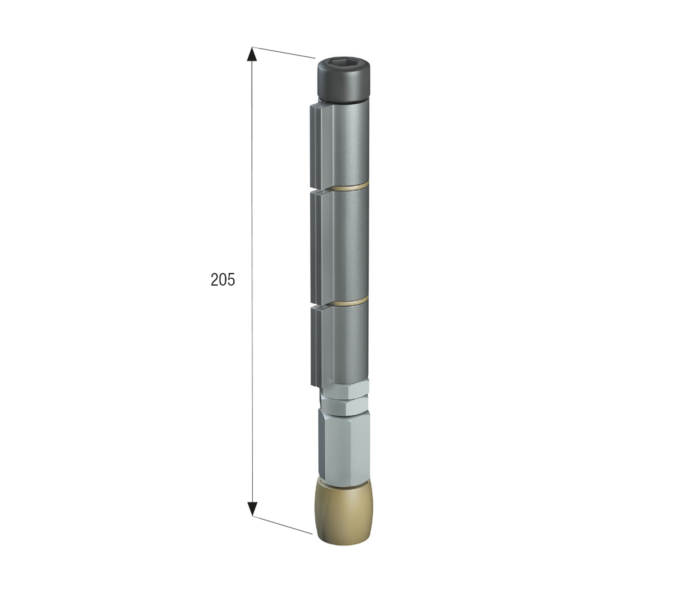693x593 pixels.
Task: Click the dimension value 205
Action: coord(223,280)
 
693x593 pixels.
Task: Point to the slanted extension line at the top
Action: coord(284,53)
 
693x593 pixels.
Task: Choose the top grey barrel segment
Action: coord(345,144)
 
